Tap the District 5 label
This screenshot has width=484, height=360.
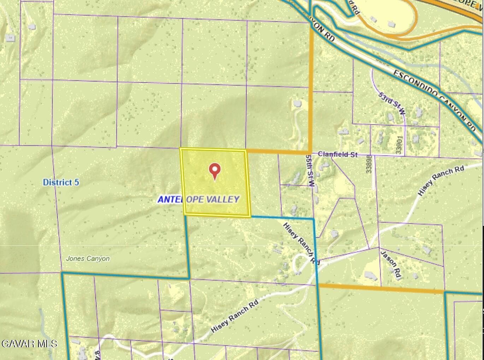(61, 182)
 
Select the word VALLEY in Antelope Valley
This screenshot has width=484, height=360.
(223, 199)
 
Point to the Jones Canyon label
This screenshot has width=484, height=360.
(88, 259)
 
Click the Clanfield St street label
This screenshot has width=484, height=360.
(337, 154)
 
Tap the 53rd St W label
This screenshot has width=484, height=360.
(392, 103)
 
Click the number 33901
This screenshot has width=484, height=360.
(400, 145)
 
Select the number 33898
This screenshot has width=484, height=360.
(369, 164)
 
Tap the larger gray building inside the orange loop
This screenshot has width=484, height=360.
(391, 24)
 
